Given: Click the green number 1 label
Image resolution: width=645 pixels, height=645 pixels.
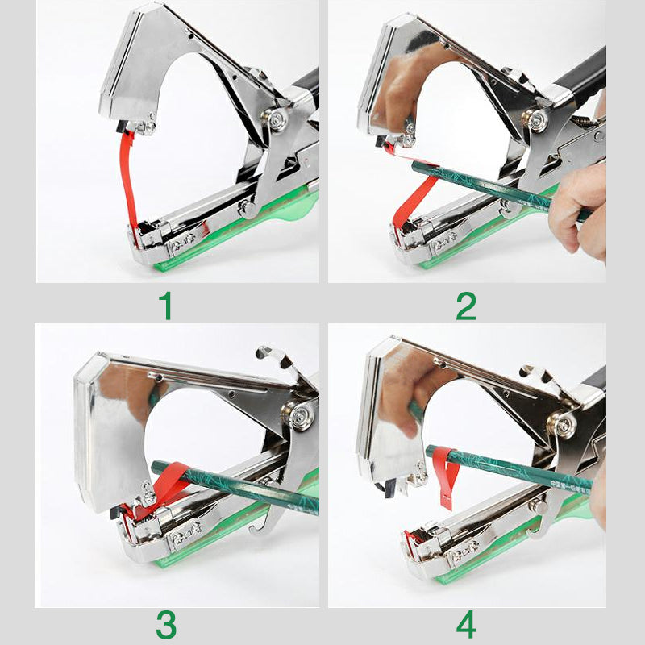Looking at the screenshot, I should [166, 306].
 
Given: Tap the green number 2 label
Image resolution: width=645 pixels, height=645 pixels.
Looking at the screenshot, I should [466, 306].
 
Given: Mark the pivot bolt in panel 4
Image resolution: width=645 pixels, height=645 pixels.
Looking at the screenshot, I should [565, 422].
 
